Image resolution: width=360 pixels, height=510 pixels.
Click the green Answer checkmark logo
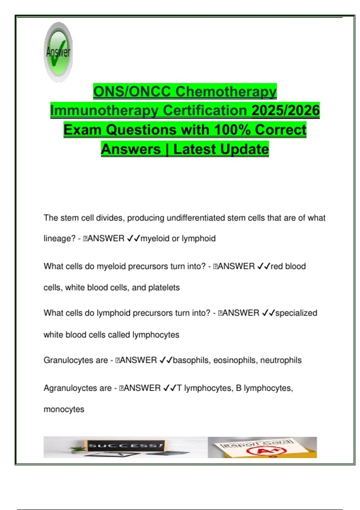[58, 52]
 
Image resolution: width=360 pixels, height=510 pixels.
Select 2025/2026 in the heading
[286, 110]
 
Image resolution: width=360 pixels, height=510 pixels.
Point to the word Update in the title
[221, 149]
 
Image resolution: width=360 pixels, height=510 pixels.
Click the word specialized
[296, 313]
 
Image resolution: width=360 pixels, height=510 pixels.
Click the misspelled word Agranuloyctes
[77, 388]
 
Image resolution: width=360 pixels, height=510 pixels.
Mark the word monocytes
[64, 409]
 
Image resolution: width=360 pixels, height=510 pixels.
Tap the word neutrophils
[281, 360]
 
